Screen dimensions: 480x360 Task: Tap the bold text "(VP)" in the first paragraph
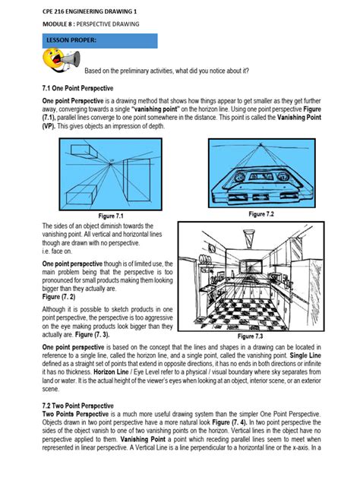coord(50,127)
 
